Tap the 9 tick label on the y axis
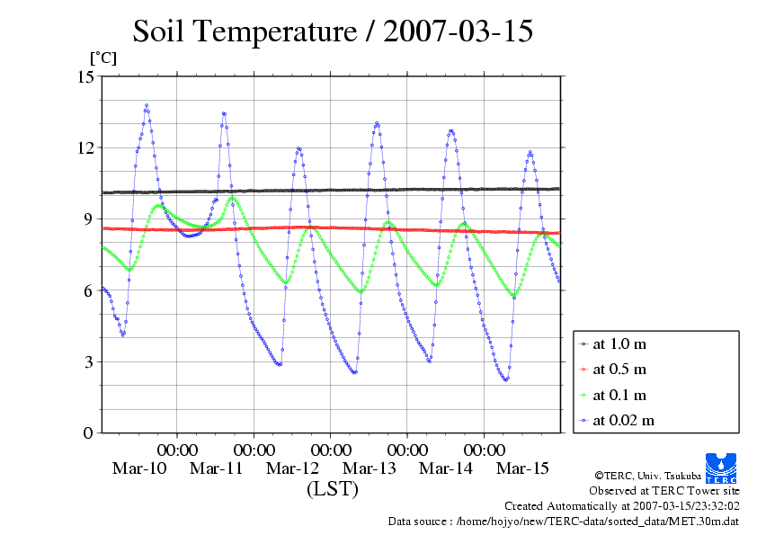pyautogui.click(x=89, y=218)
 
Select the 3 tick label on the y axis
pyautogui.click(x=89, y=361)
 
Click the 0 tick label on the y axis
pyautogui.click(x=89, y=432)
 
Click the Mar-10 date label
pyautogui.click(x=139, y=468)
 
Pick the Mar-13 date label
pyautogui.click(x=370, y=468)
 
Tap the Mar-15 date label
pyautogui.click(x=523, y=468)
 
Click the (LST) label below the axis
pyautogui.click(x=333, y=489)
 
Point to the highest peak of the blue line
pyautogui.click(x=147, y=105)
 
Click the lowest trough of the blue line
pyautogui.click(x=506, y=379)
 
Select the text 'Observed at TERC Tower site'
pyautogui.click(x=664, y=491)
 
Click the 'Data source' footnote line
pyautogui.click(x=564, y=521)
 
